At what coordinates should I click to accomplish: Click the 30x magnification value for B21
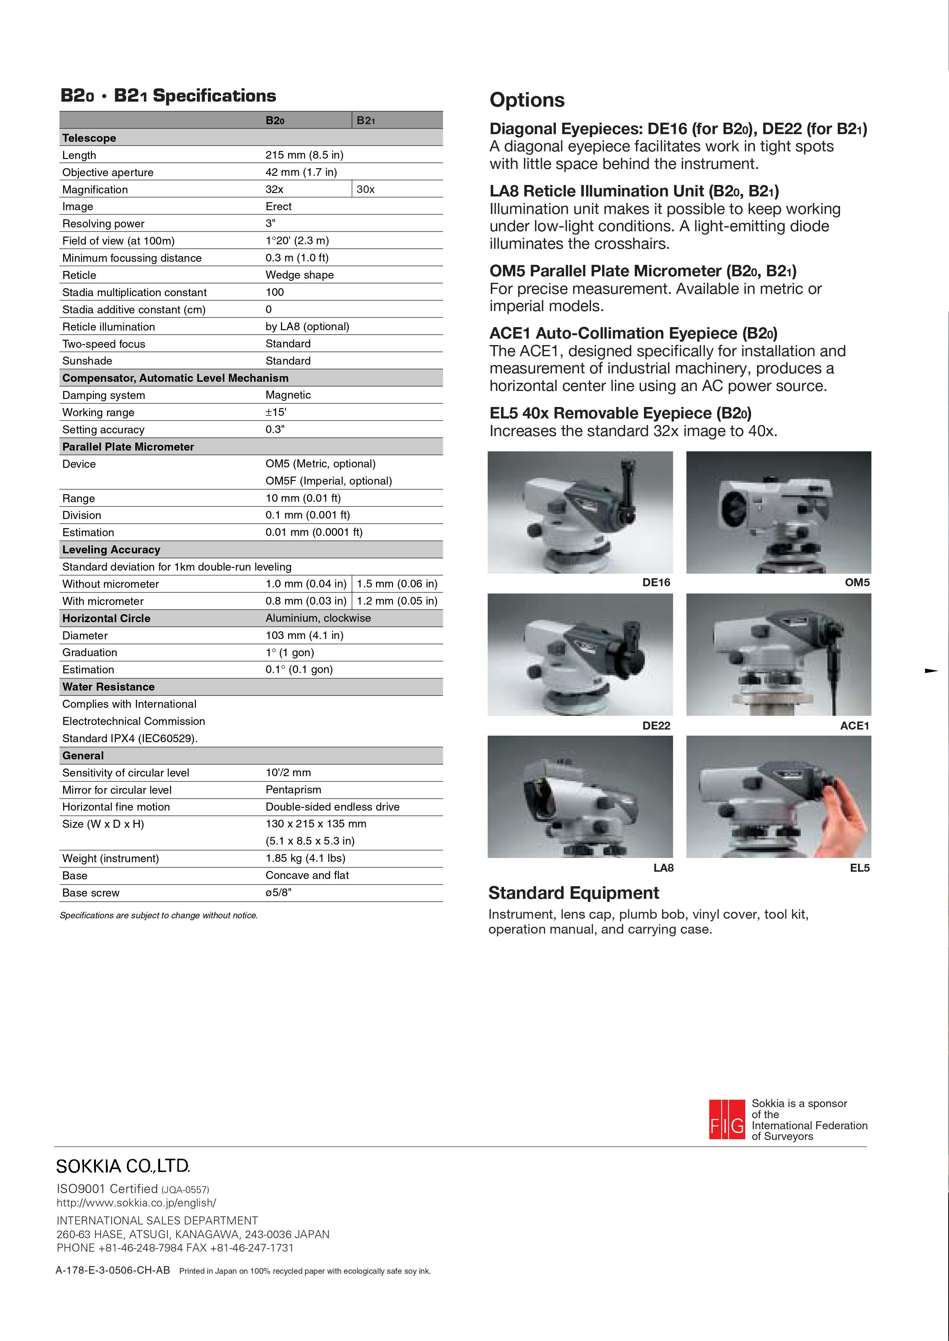click(x=366, y=189)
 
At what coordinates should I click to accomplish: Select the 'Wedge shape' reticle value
click(x=299, y=275)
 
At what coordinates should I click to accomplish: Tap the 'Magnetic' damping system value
click(x=288, y=395)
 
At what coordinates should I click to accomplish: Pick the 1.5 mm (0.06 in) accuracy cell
click(x=397, y=584)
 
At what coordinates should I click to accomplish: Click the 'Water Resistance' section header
click(x=108, y=687)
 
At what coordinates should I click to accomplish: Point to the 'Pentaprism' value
click(x=294, y=790)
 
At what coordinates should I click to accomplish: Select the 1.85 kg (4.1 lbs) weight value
click(x=305, y=858)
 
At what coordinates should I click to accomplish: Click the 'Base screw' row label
click(x=91, y=893)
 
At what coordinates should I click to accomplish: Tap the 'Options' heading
click(x=527, y=100)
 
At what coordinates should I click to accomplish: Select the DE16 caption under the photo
click(x=656, y=582)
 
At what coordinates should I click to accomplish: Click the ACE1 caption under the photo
click(x=854, y=726)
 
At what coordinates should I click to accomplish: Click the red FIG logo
click(x=726, y=1120)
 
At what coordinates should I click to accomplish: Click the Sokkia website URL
click(x=136, y=1203)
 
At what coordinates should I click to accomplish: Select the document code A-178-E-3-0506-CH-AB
click(x=113, y=1270)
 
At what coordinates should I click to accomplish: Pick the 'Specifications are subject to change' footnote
click(x=158, y=916)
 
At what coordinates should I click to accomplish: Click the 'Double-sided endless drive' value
click(x=333, y=807)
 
